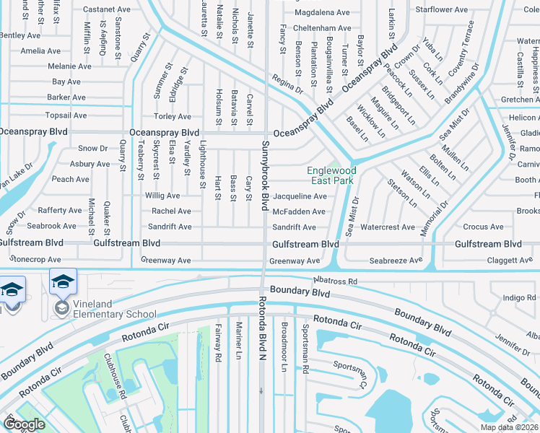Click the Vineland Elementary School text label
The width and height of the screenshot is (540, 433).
pyautogui.click(x=109, y=314)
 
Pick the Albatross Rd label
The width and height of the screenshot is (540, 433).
pyautogui.click(x=336, y=281)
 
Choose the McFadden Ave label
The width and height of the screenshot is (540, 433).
pyautogui.click(x=299, y=211)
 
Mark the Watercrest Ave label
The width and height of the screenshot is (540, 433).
pyautogui.click(x=387, y=227)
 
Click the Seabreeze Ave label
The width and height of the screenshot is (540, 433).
pyautogui.click(x=396, y=260)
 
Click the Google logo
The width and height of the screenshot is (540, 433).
pyautogui.click(x=25, y=424)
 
